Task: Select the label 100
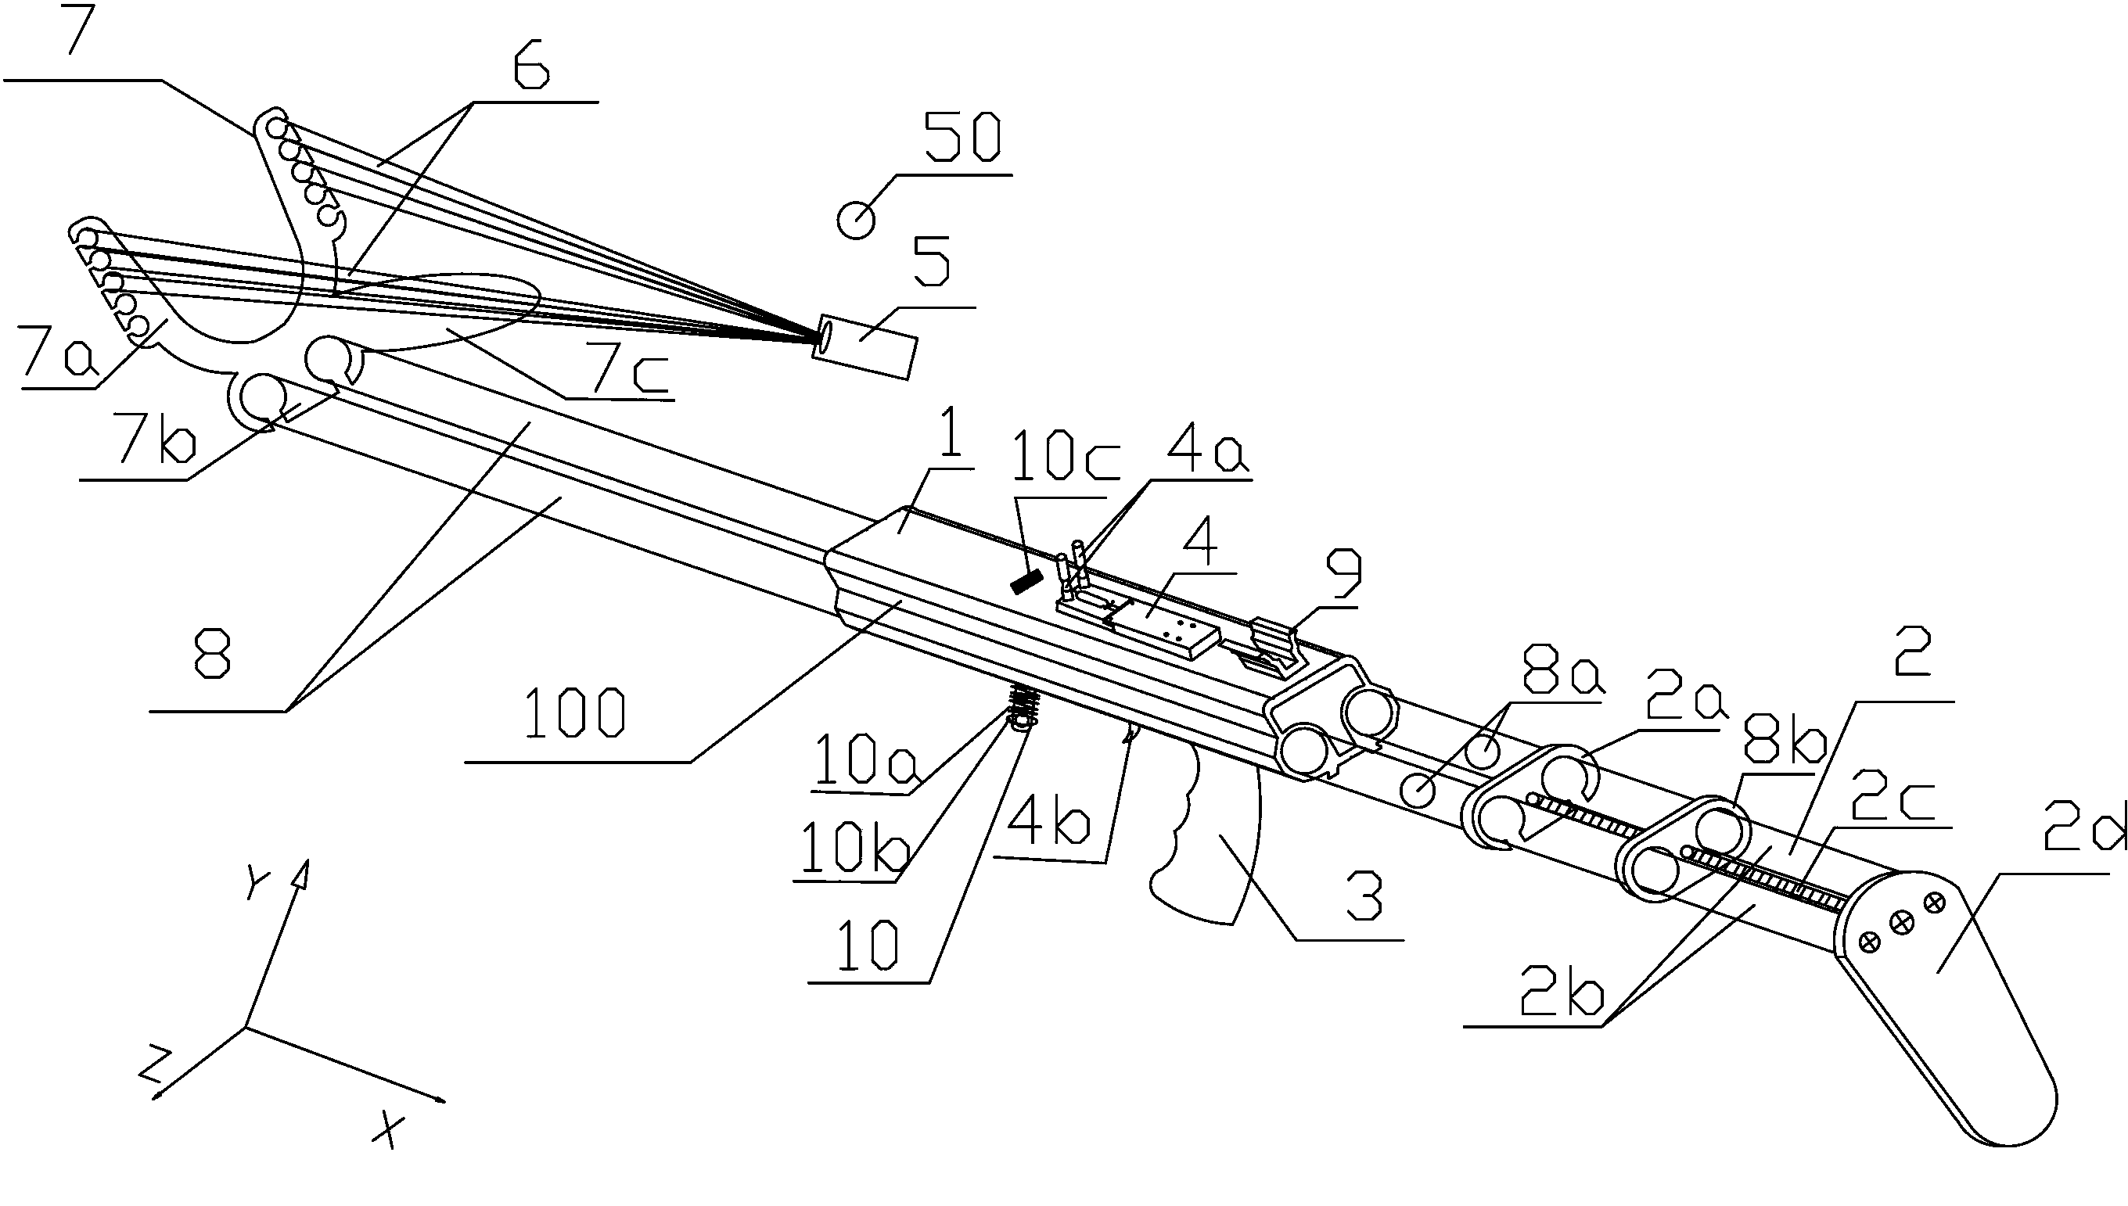(x=575, y=714)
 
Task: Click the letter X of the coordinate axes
(x=386, y=1130)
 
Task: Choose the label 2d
(x=2083, y=831)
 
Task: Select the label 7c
(x=630, y=375)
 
